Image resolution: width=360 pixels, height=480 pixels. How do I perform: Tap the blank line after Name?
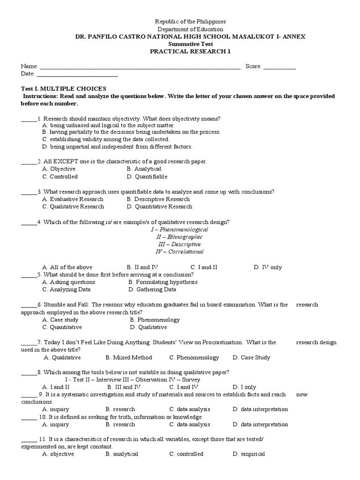point(140,67)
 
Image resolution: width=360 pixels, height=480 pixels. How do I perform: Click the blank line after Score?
point(279,67)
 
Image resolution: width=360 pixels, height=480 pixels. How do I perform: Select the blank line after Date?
point(77,74)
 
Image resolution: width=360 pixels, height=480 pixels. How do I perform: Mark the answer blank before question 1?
point(29,119)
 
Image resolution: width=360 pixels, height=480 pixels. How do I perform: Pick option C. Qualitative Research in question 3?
point(73,207)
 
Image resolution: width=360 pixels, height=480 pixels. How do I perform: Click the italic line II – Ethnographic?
point(180,237)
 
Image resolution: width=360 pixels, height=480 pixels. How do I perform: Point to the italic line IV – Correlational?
point(180,252)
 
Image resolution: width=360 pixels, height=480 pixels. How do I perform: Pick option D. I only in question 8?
point(244,387)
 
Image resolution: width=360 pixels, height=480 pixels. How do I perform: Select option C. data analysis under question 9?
point(190,409)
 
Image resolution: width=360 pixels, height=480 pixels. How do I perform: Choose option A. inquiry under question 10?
point(55,425)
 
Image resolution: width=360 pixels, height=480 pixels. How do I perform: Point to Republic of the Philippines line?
point(190,22)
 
